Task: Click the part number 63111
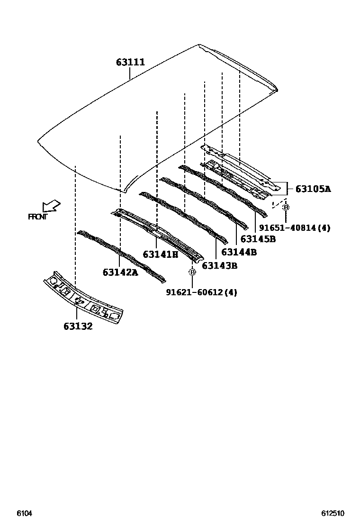(131, 62)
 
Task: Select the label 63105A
(313, 189)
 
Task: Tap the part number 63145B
(258, 239)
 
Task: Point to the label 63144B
(239, 252)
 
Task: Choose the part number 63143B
(219, 265)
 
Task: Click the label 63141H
(160, 254)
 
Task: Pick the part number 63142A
(120, 272)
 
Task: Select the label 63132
(78, 326)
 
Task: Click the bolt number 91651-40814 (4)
(294, 228)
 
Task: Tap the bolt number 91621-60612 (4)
(201, 292)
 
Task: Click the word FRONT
(38, 217)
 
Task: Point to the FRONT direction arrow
(51, 206)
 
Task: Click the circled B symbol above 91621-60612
(192, 272)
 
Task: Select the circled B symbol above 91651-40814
(286, 207)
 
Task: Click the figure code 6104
(25, 513)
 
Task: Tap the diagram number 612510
(333, 513)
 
